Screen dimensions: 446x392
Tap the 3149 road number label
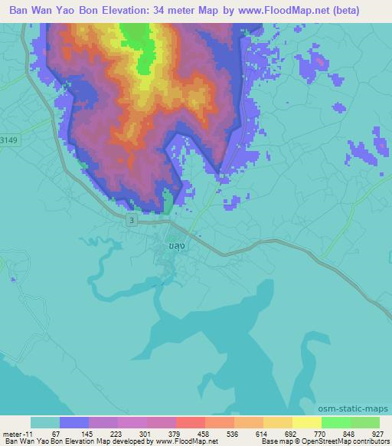(9, 140)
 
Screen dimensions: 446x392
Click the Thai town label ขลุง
(175, 246)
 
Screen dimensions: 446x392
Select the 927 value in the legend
(379, 433)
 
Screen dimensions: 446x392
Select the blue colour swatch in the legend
(74, 422)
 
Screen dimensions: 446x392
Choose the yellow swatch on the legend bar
(277, 422)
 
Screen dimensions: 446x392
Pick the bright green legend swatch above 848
(335, 422)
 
